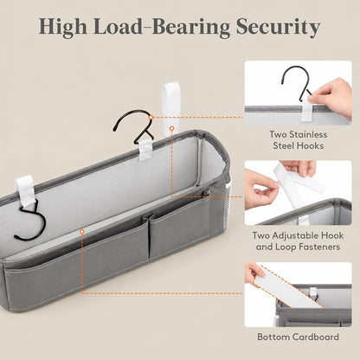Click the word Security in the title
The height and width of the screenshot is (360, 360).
pyautogui.click(x=279, y=27)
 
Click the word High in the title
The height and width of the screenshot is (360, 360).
pyautogui.click(x=63, y=27)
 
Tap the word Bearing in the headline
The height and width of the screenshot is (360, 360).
pyautogui.click(x=191, y=27)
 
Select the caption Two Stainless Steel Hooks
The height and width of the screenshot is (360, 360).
pyautogui.click(x=299, y=140)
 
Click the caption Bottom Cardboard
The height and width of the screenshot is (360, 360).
pyautogui.click(x=299, y=337)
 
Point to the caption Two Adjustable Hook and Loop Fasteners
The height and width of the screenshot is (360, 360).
pyautogui.click(x=299, y=241)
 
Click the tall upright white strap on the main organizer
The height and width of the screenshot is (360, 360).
pyautogui.click(x=170, y=108)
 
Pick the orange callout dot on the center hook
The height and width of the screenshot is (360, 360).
pyautogui.click(x=151, y=117)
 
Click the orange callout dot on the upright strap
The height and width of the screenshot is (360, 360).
pyautogui.click(x=172, y=128)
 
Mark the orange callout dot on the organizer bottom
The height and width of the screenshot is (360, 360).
pyautogui.click(x=82, y=231)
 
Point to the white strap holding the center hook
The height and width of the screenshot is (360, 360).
pyautogui.click(x=145, y=150)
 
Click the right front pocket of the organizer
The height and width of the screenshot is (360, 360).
pyautogui.click(x=179, y=227)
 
